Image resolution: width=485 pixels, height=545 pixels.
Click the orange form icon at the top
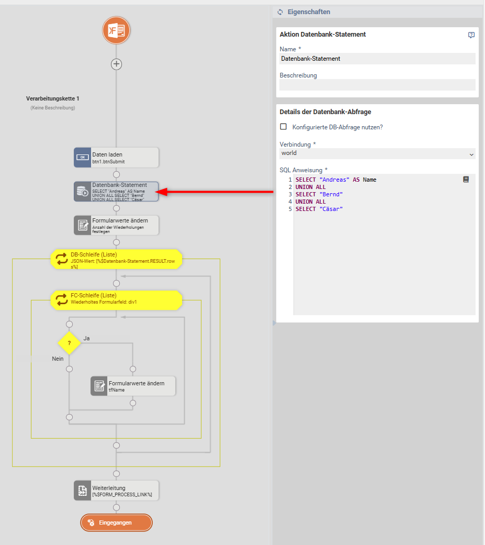pyautogui.click(x=116, y=30)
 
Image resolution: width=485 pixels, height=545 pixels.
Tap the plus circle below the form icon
pyautogui.click(x=116, y=64)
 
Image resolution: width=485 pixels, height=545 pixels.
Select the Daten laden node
pyautogui.click(x=116, y=157)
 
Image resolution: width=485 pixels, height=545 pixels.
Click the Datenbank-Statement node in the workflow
pyautogui.click(x=116, y=192)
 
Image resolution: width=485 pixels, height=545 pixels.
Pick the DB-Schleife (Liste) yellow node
pyautogui.click(x=116, y=259)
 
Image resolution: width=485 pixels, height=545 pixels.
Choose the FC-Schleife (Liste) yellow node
pyautogui.click(x=116, y=299)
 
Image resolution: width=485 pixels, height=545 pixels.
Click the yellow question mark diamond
pyautogui.click(x=69, y=343)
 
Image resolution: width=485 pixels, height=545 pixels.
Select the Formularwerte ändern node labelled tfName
pyautogui.click(x=133, y=386)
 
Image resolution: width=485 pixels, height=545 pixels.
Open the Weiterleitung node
pyautogui.click(x=116, y=491)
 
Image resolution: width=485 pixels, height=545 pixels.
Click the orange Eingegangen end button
pyautogui.click(x=116, y=522)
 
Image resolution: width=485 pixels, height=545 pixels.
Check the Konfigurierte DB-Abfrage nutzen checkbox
pyautogui.click(x=284, y=127)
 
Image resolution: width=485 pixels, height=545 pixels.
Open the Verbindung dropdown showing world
pyautogui.click(x=377, y=153)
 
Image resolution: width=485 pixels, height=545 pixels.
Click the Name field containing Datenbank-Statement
pyautogui.click(x=377, y=59)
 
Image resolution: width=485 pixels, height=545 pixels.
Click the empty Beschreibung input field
pyautogui.click(x=377, y=85)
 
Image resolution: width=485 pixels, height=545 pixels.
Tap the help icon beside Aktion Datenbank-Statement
pyautogui.click(x=471, y=35)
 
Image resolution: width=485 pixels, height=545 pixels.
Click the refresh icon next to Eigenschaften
pyautogui.click(x=280, y=12)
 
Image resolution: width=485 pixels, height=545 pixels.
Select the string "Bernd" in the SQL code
pyautogui.click(x=331, y=194)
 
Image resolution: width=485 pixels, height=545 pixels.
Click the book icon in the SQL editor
pyautogui.click(x=466, y=179)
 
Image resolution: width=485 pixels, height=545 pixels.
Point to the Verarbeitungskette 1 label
pyautogui.click(x=53, y=98)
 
